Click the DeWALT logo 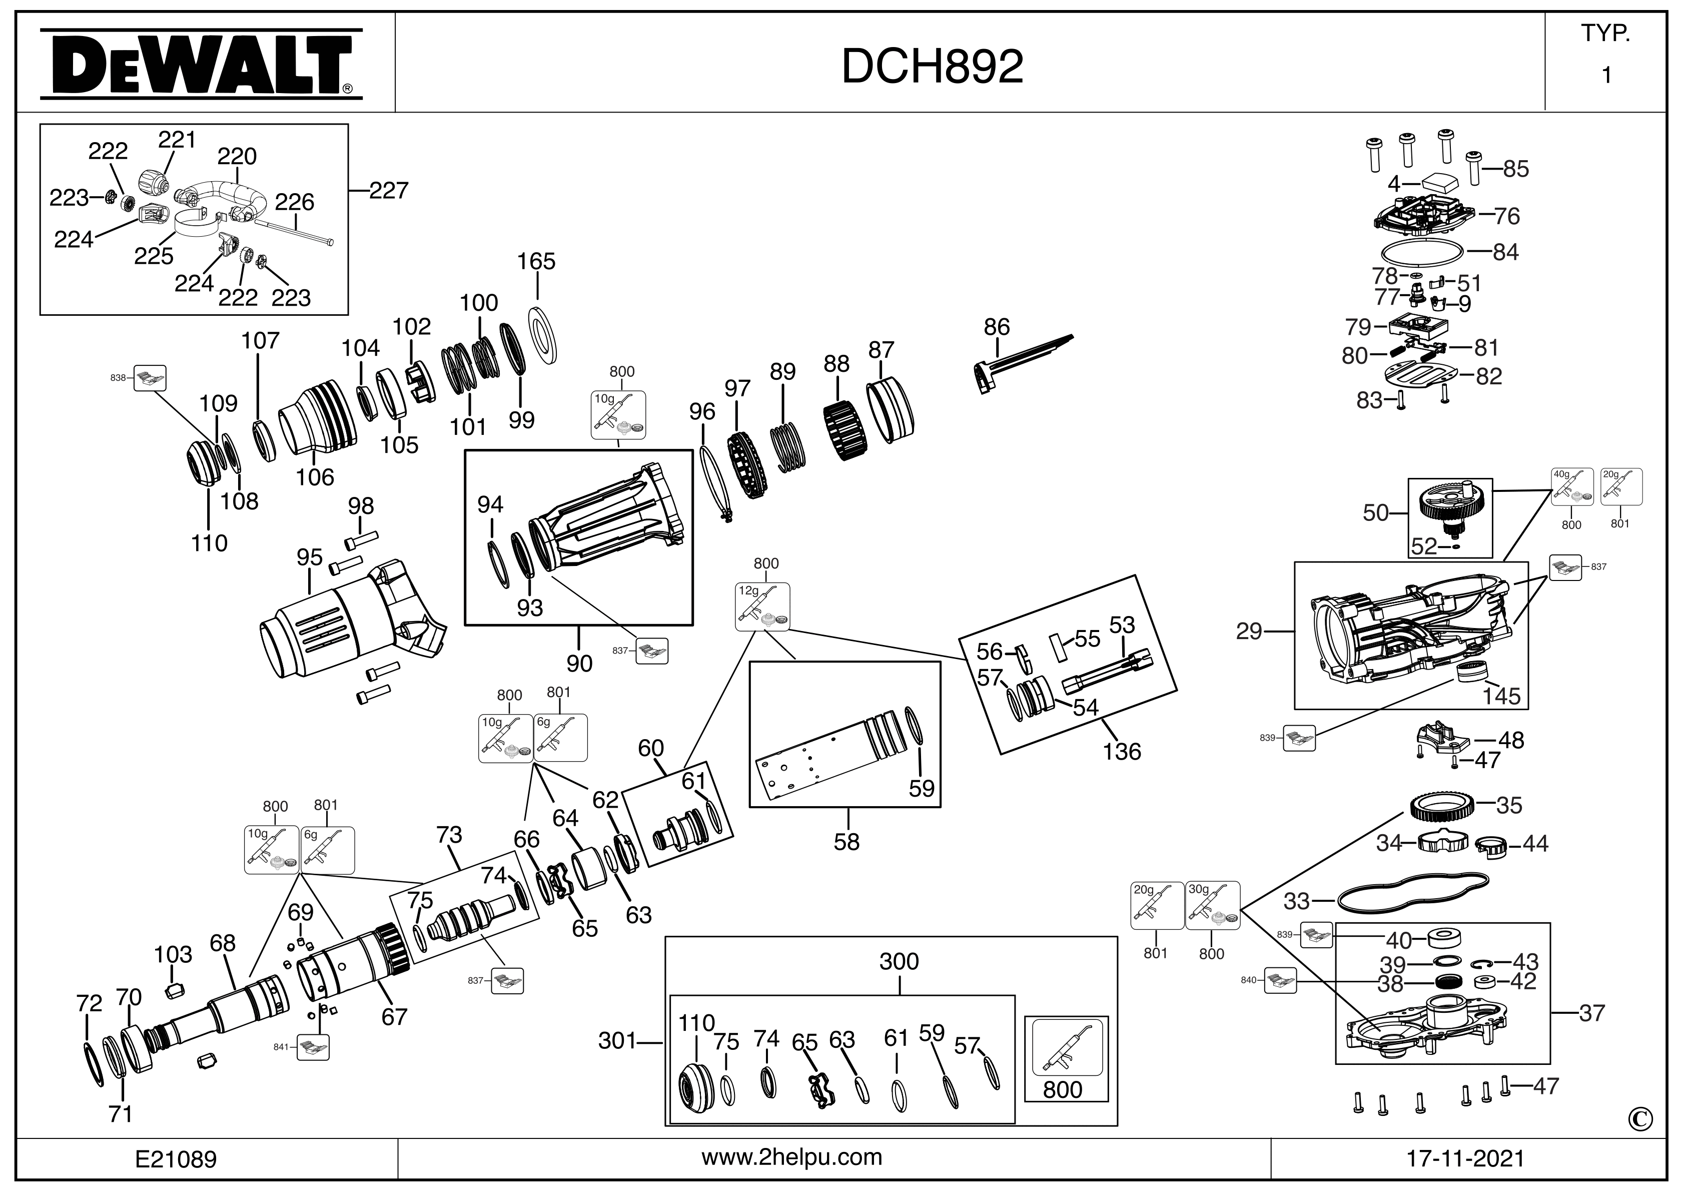200,64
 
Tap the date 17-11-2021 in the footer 1465,1158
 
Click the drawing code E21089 176,1159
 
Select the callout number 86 997,327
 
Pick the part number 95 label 310,557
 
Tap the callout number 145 1501,695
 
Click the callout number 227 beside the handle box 388,191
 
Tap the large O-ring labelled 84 1420,252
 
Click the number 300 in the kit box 899,961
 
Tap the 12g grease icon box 762,607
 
